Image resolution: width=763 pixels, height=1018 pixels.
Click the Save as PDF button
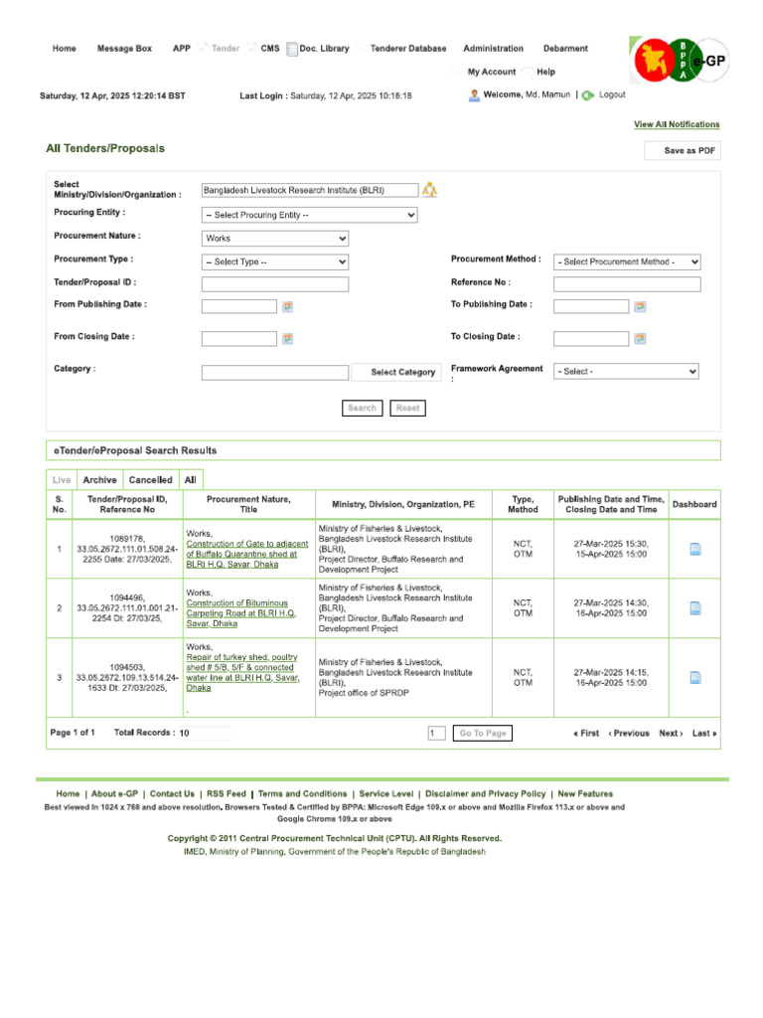point(683,151)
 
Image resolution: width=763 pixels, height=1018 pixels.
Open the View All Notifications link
point(677,124)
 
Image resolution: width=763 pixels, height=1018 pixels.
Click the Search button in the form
point(362,408)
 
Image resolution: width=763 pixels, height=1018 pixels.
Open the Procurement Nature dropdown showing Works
point(275,239)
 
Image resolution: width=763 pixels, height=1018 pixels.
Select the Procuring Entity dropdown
point(309,215)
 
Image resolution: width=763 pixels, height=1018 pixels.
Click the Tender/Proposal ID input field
point(275,284)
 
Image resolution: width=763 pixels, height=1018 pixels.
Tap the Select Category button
point(402,372)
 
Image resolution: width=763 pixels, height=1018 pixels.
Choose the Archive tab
point(99,479)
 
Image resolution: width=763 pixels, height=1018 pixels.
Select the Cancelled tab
point(151,479)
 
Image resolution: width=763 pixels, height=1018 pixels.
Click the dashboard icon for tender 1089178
point(695,549)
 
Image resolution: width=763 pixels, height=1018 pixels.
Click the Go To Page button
point(483,733)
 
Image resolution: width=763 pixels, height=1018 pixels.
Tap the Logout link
point(611,95)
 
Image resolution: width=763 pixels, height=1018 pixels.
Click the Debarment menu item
point(565,48)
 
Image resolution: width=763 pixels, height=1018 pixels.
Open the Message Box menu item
point(124,48)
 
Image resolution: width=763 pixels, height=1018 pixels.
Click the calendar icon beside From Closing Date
point(287,338)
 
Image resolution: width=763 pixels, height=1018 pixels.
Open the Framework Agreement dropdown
point(627,372)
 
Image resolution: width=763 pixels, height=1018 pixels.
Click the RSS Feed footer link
point(226,794)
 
